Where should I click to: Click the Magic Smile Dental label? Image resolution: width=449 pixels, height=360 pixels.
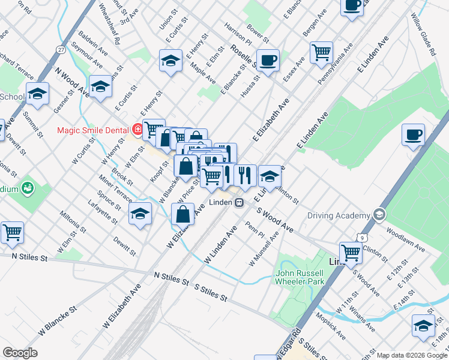click(x=94, y=130)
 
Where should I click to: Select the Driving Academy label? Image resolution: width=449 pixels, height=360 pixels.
click(x=339, y=215)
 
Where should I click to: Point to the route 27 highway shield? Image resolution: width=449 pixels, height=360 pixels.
click(x=61, y=50)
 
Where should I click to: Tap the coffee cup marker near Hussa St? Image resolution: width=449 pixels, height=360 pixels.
click(x=269, y=60)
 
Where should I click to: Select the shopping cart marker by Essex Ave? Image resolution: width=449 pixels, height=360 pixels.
click(x=322, y=52)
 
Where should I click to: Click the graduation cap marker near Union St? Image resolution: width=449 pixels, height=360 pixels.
click(x=170, y=61)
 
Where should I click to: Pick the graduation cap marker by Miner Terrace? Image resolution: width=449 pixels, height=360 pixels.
click(x=140, y=214)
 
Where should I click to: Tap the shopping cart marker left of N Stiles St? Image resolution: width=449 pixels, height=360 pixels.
click(x=12, y=232)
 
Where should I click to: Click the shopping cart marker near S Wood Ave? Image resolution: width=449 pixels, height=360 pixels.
click(x=351, y=252)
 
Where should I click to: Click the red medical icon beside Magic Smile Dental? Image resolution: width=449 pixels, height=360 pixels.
click(x=137, y=129)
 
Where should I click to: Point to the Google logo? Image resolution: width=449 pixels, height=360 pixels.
click(x=20, y=353)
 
